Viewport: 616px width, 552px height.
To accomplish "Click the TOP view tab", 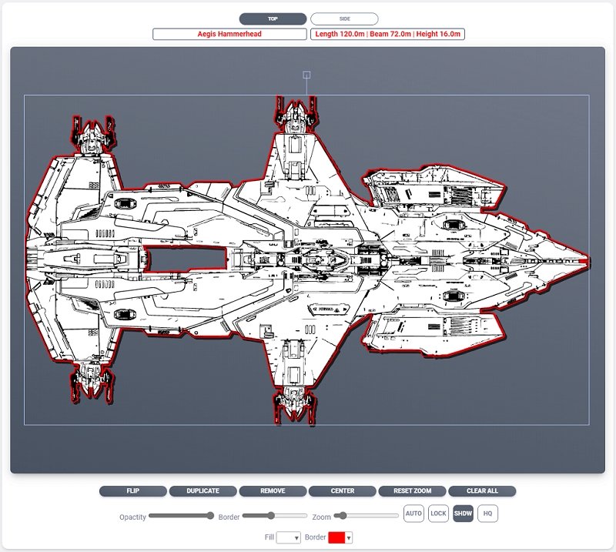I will tap(273, 18).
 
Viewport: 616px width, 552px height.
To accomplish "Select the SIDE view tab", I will tap(344, 18).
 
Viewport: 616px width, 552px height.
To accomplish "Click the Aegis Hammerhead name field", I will tap(230, 34).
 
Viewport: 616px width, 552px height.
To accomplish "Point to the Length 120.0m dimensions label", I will tap(387, 34).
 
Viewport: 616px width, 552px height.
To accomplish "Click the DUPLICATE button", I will tap(203, 491).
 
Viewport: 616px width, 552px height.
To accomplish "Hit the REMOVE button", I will tap(273, 491).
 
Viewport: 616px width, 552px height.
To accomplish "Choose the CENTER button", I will tap(343, 491).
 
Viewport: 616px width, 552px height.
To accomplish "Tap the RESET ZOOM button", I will tap(412, 491).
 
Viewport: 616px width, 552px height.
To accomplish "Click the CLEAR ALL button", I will tap(482, 491).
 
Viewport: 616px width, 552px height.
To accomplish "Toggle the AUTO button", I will tap(413, 514).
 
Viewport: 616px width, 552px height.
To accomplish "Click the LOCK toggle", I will tap(438, 514).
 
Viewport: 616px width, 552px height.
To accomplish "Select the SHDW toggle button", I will tap(463, 514).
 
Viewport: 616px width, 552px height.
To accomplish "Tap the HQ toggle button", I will tap(487, 514).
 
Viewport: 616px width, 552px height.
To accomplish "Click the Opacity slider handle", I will tap(210, 516).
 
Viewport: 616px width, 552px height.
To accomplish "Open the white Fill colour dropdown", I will tap(288, 538).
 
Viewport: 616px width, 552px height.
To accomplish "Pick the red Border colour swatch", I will tap(336, 538).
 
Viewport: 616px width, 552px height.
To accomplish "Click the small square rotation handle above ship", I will tap(306, 75).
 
